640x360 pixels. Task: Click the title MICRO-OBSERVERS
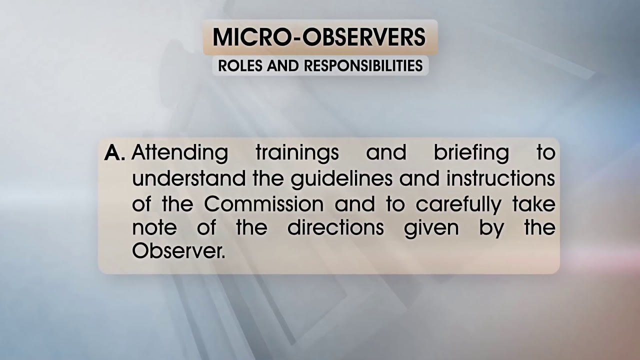pyautogui.click(x=319, y=37)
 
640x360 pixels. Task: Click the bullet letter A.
pyautogui.click(x=114, y=153)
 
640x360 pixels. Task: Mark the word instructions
pyautogui.click(x=500, y=178)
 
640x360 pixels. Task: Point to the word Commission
pyautogui.click(x=263, y=204)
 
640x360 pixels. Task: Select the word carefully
pyautogui.click(x=458, y=205)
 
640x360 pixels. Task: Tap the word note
pyautogui.click(x=154, y=228)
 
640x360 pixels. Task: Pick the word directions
pyautogui.click(x=335, y=228)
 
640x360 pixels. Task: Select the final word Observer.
pyautogui.click(x=178, y=251)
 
